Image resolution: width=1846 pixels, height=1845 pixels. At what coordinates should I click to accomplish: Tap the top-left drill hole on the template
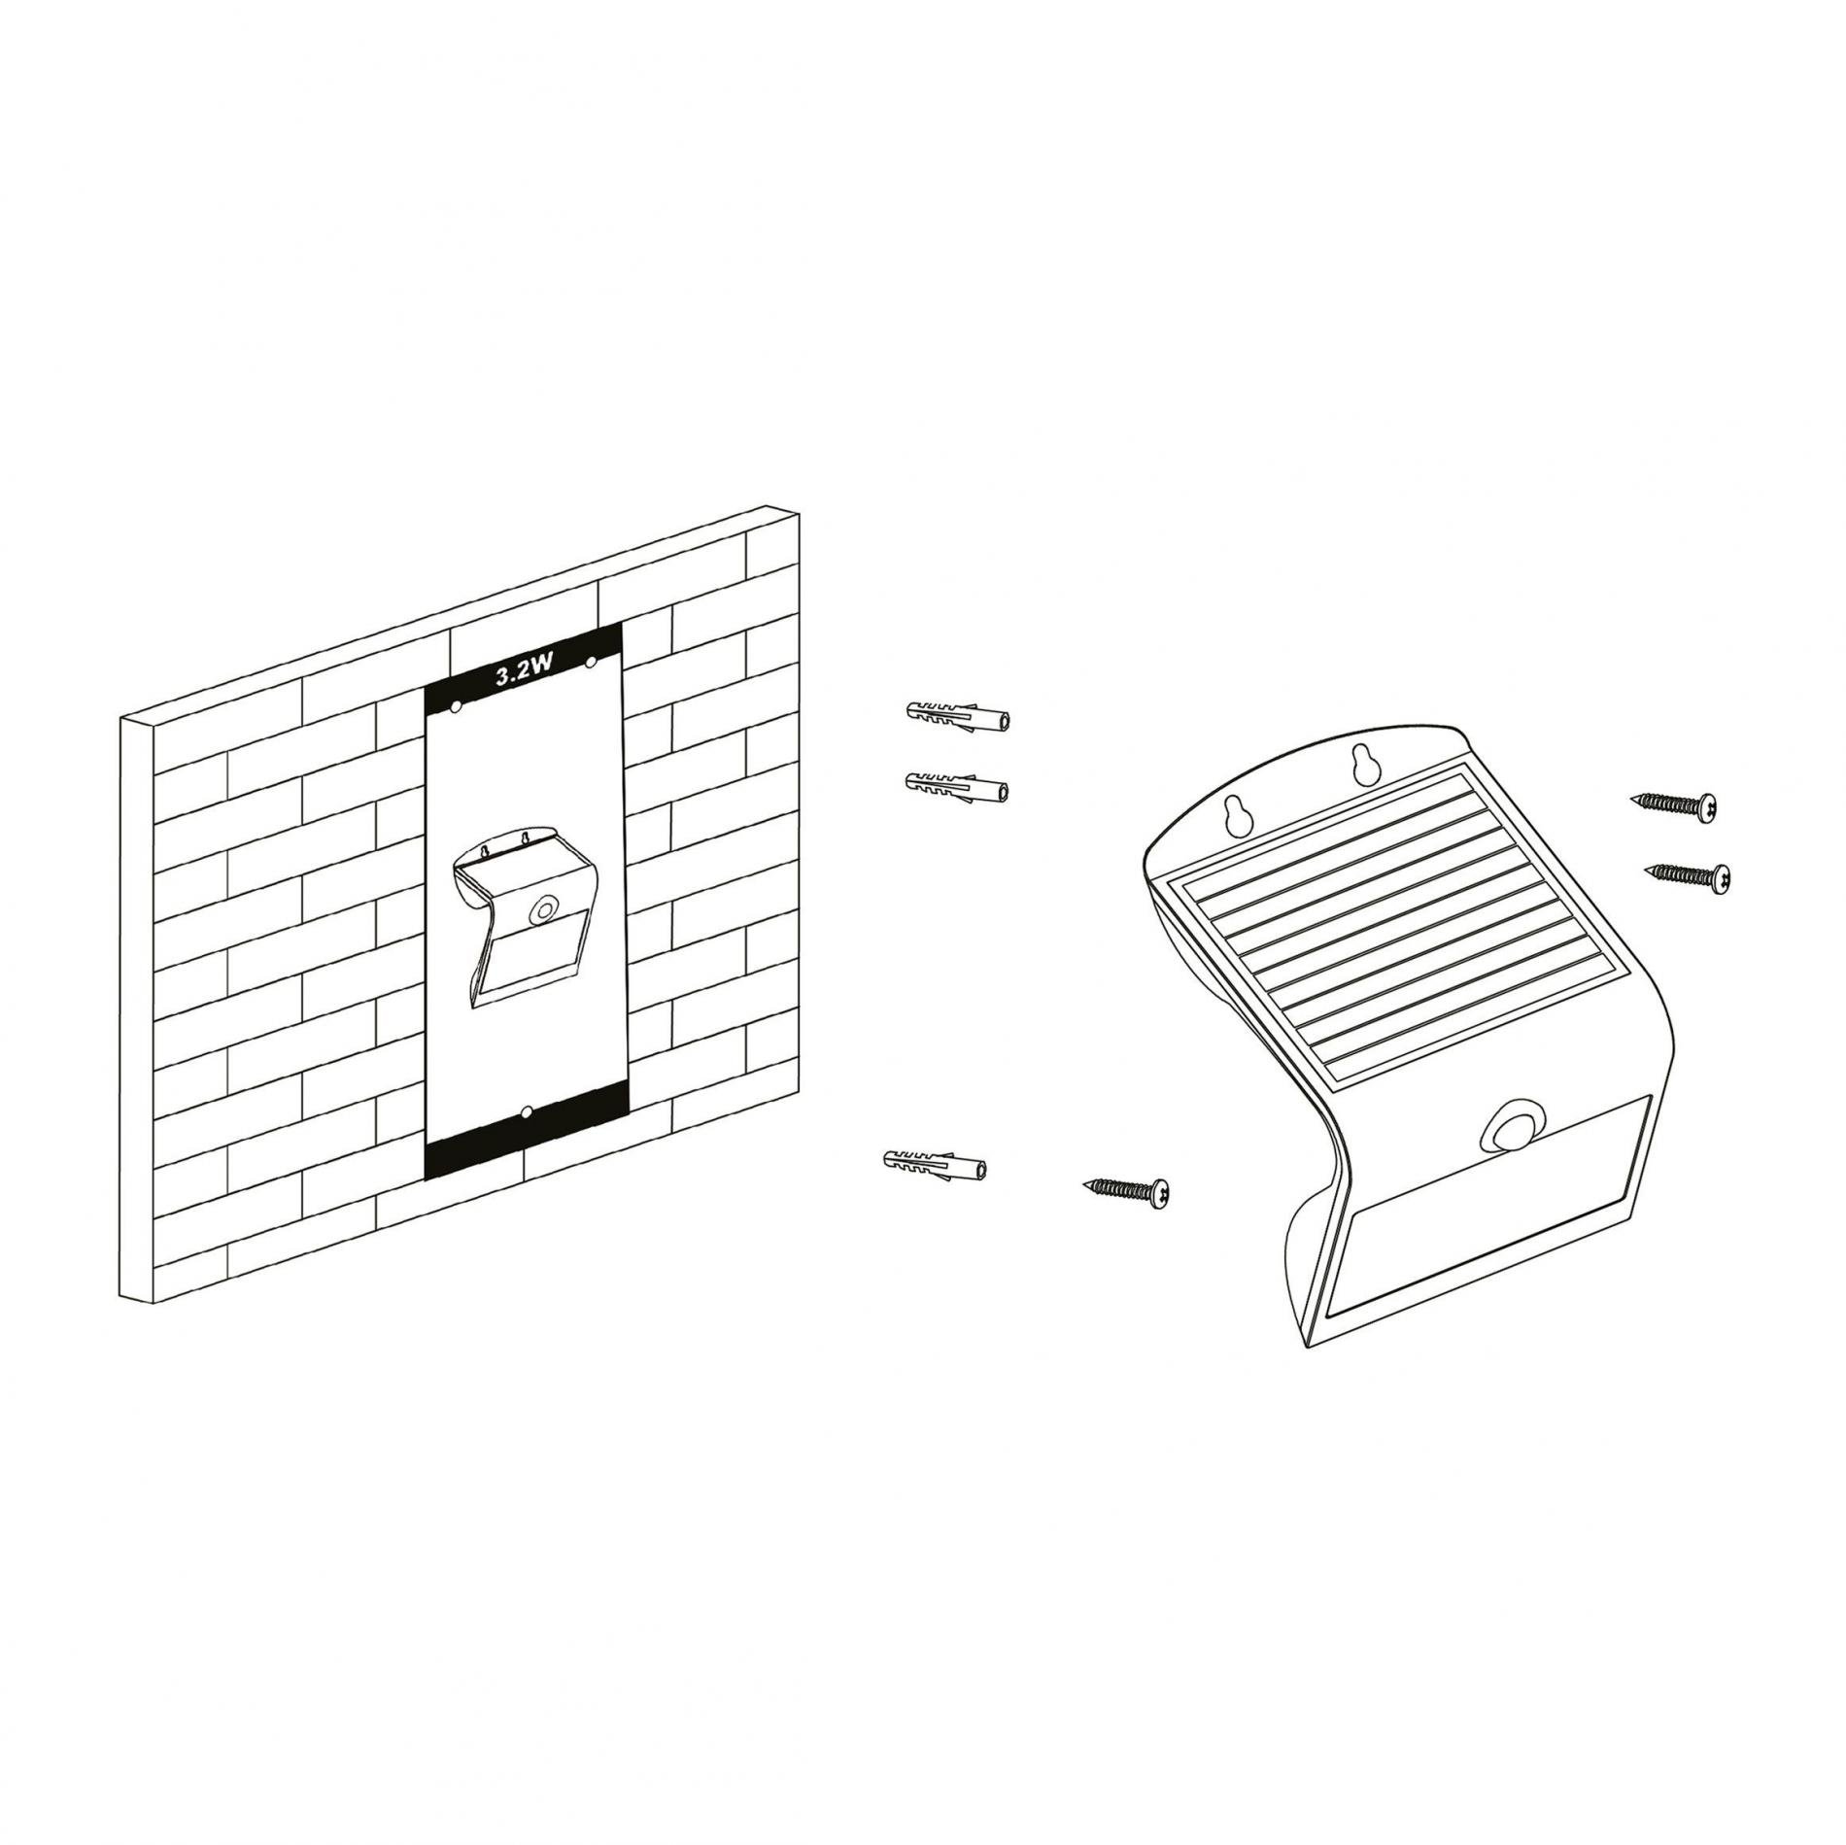click(456, 707)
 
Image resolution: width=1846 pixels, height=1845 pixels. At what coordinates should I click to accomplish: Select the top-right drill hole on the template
click(590, 662)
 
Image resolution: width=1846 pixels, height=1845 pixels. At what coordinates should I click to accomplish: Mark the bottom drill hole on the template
click(526, 1111)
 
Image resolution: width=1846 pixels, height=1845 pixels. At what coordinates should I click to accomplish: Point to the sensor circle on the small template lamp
click(539, 911)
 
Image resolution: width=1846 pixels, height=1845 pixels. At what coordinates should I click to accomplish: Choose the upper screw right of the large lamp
click(1672, 803)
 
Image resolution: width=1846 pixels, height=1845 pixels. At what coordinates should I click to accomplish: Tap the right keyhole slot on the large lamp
click(1362, 765)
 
